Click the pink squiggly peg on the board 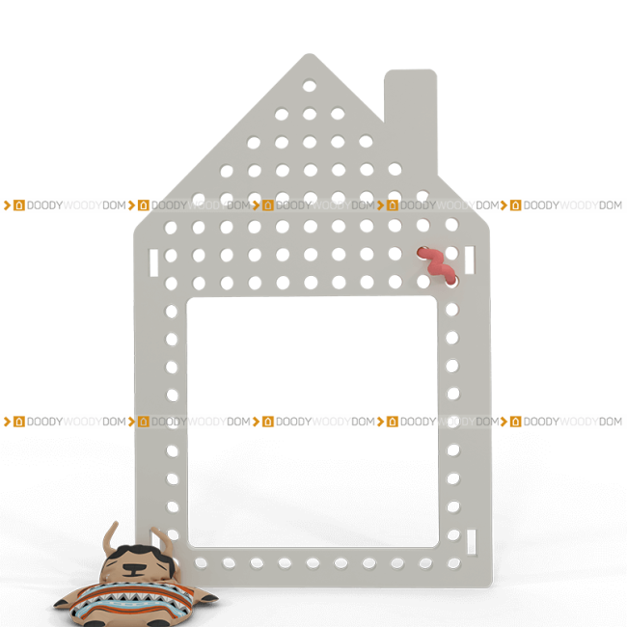[436, 264]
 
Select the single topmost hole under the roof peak [310, 86]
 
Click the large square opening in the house [313, 422]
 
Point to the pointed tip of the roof [309, 54]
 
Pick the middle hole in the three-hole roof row [310, 114]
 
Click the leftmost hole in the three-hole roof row [282, 115]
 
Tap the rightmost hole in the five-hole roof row [366, 141]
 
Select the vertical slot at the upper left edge [154, 262]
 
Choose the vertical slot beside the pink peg [470, 259]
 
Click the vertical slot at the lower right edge [472, 542]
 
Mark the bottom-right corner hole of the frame [454, 563]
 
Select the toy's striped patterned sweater [132, 600]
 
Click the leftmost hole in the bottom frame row [201, 563]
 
